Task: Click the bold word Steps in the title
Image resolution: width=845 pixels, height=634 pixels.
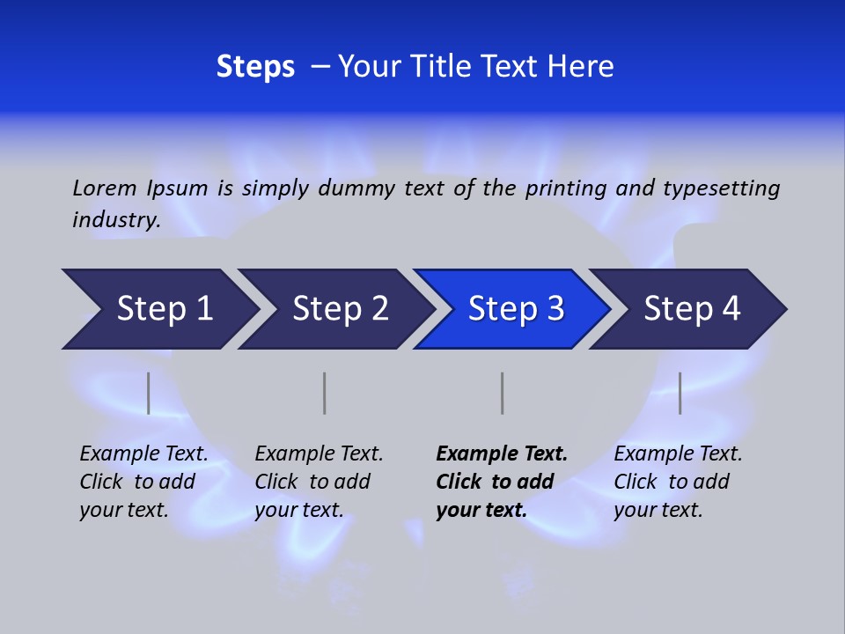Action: [x=255, y=67]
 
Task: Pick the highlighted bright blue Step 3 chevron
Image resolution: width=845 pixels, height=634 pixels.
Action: [x=513, y=309]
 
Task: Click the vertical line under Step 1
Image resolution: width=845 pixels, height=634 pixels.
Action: [x=148, y=393]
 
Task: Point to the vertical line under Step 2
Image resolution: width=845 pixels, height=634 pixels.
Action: [x=324, y=393]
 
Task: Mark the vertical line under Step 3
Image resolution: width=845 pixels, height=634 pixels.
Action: [x=502, y=393]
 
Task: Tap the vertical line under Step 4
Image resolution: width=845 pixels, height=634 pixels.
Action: [x=680, y=393]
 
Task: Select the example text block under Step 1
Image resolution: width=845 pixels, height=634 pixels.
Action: [x=143, y=481]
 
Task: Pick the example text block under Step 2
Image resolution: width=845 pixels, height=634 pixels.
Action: [x=319, y=481]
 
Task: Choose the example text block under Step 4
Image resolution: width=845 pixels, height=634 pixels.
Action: [x=678, y=481]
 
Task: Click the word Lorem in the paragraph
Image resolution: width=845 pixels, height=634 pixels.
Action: [x=105, y=188]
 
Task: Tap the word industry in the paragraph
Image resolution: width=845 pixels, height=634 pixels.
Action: [x=115, y=219]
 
